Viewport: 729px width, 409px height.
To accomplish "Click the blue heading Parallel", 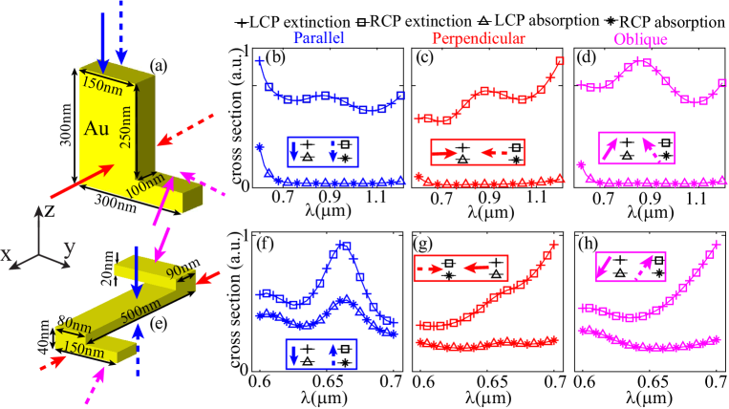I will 319,39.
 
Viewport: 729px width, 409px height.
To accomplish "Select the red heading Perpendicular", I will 478,39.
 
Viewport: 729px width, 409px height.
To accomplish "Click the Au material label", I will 97,128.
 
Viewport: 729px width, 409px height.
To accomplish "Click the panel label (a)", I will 160,66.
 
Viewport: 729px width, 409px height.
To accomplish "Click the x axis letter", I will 7,254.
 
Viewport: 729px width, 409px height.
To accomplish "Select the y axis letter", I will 69,248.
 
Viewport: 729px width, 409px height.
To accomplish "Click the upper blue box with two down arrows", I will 322,152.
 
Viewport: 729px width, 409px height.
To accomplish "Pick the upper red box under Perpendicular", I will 477,152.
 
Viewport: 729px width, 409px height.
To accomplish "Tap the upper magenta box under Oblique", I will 635,148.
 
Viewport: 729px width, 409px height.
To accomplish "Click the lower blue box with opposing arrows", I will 321,354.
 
